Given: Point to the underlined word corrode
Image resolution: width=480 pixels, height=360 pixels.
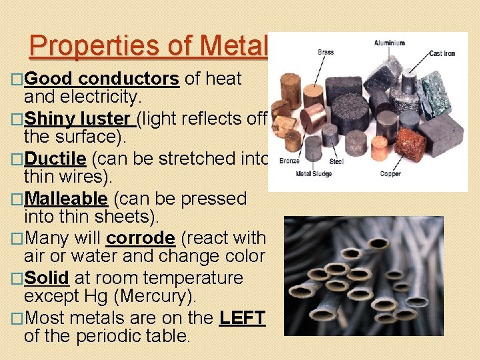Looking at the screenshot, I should tap(140, 238).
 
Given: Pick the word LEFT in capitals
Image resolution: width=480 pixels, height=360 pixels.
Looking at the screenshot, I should tap(242, 317).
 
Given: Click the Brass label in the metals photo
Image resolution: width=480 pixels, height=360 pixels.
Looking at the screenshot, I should tap(326, 52).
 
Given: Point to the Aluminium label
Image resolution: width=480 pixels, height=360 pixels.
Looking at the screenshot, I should tap(389, 43).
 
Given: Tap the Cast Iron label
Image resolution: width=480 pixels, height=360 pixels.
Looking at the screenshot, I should tap(441, 53).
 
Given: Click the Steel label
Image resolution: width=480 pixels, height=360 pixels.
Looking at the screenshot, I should tap(336, 161).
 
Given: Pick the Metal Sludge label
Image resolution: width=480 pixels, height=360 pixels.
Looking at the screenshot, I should tap(314, 174).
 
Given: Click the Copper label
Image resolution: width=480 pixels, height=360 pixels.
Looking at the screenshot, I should tap(390, 173).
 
